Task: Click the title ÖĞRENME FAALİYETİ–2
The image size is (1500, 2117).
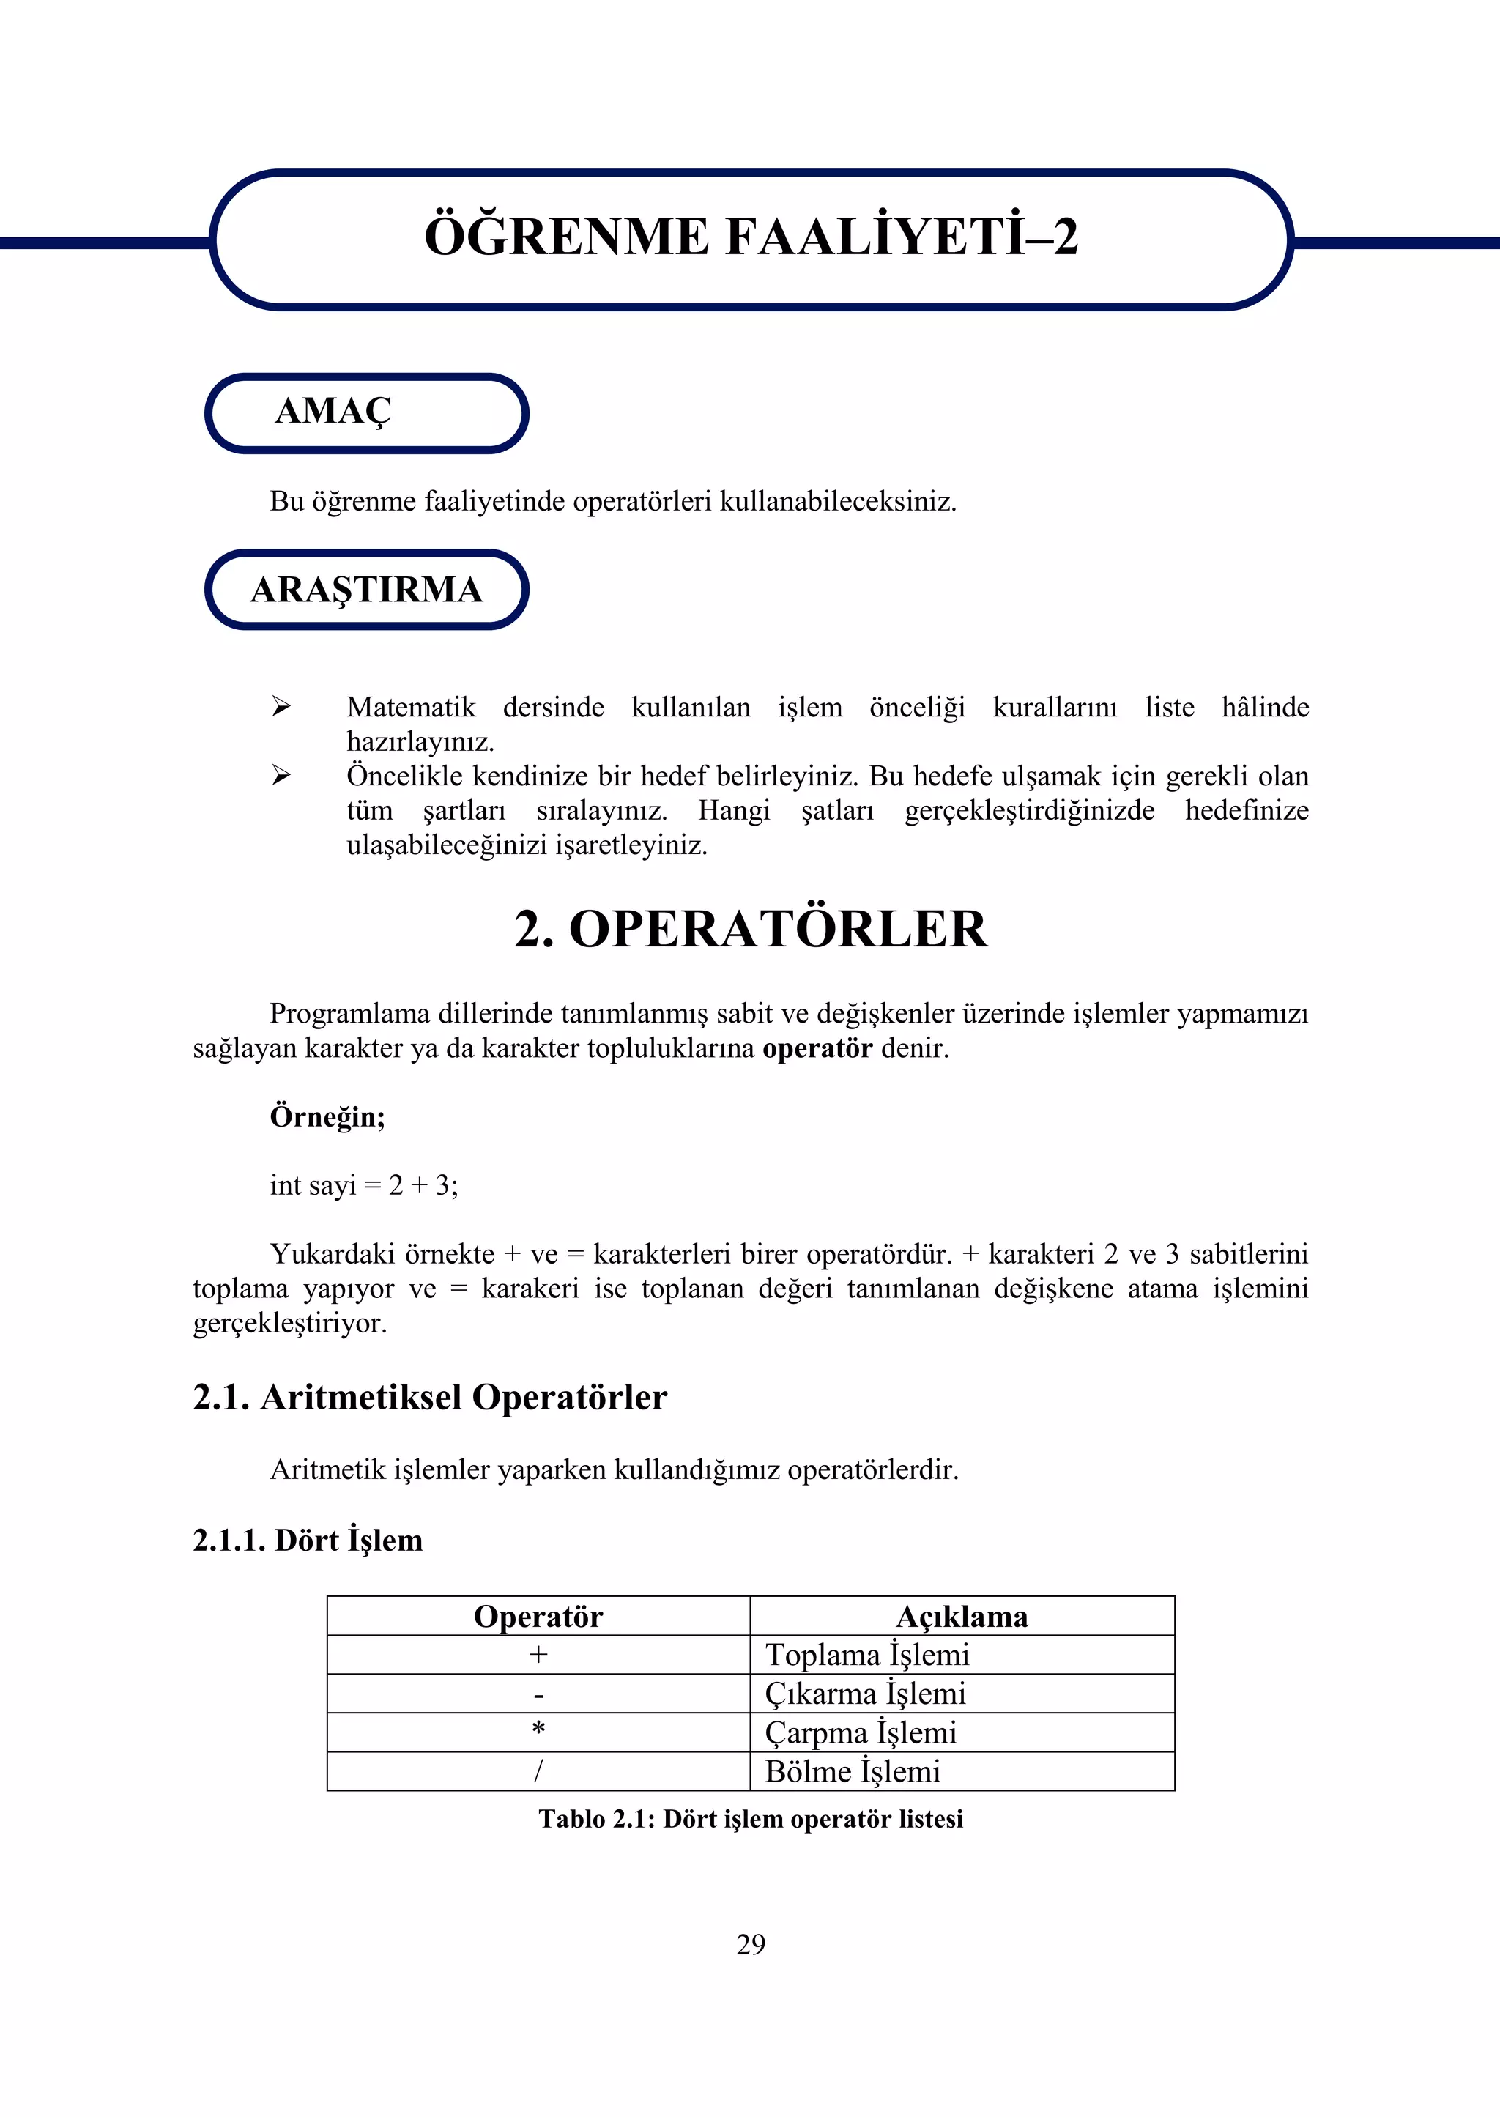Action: pyautogui.click(x=750, y=237)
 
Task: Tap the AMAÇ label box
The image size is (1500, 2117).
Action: pyautogui.click(x=365, y=412)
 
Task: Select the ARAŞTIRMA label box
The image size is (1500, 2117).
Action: pyautogui.click(x=365, y=589)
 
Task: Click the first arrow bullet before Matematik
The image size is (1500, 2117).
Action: pyautogui.click(x=281, y=708)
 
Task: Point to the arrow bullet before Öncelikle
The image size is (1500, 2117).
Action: pyautogui.click(x=281, y=776)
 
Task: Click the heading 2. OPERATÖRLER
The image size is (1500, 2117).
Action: pyautogui.click(x=750, y=929)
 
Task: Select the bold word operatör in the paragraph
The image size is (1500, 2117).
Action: pyautogui.click(x=817, y=1048)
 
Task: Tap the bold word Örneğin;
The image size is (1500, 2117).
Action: pyautogui.click(x=327, y=1116)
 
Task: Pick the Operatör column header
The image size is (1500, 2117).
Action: pyautogui.click(x=538, y=1617)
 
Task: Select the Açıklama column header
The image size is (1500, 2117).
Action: pyautogui.click(x=962, y=1617)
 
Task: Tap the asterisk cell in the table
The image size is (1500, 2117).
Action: pyautogui.click(x=538, y=1731)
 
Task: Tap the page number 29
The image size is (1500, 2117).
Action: pyautogui.click(x=750, y=1944)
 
